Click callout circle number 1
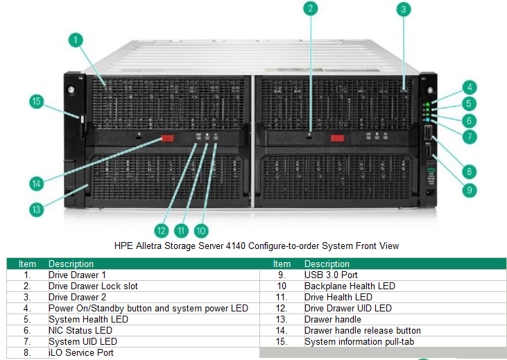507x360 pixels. [75, 41]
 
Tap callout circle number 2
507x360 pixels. [311, 8]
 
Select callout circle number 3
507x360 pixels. [404, 10]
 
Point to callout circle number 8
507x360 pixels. [470, 171]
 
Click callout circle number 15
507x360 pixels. [37, 101]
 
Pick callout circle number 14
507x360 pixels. [37, 183]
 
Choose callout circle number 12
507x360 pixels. [162, 230]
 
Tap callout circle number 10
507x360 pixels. [201, 230]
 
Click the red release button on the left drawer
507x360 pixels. [167, 139]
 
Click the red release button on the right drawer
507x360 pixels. [337, 138]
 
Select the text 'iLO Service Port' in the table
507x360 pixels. [81, 352]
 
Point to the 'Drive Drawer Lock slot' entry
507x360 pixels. [92, 286]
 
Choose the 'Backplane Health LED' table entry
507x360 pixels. [350, 286]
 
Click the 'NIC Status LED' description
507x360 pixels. [80, 330]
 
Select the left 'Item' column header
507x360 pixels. [28, 264]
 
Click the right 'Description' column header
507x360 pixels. [327, 264]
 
